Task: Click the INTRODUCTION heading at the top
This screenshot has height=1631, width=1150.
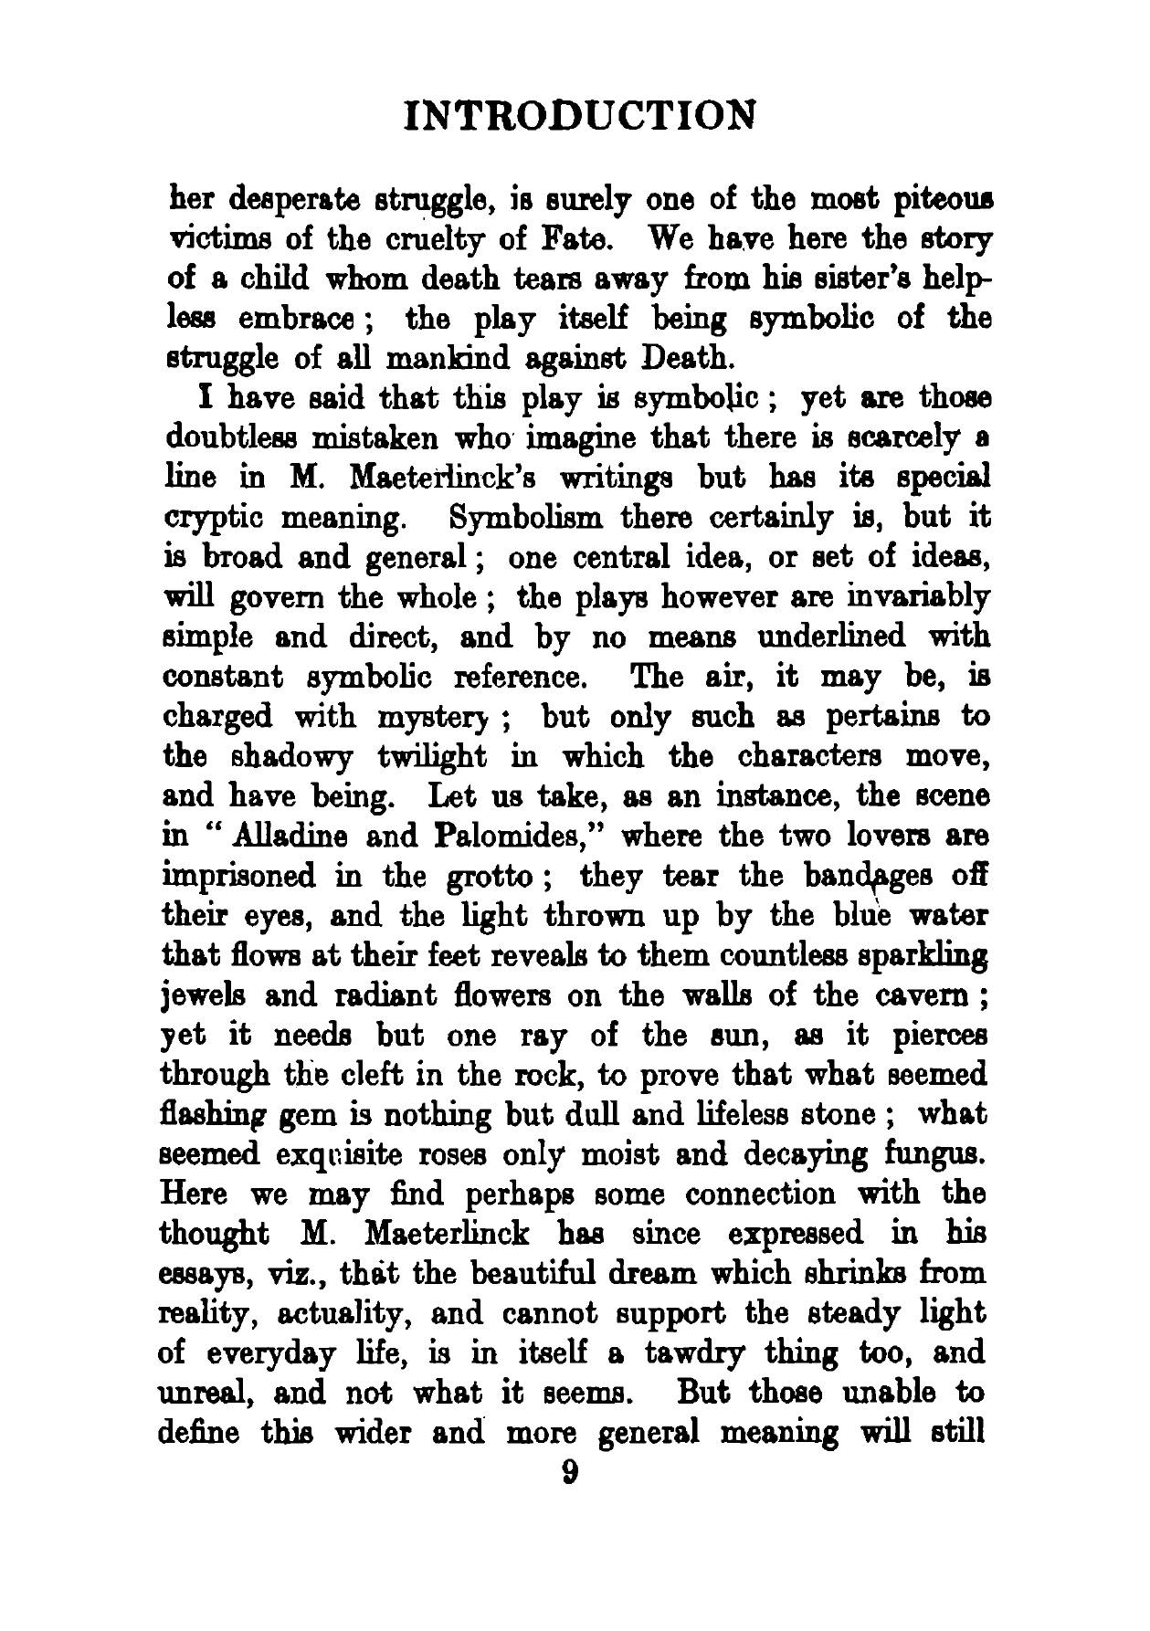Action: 580,116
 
